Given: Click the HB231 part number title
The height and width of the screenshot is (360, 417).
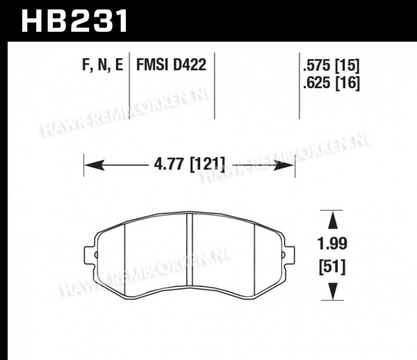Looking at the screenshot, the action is tap(74, 21).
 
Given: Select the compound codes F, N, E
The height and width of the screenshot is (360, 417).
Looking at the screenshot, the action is tap(102, 65).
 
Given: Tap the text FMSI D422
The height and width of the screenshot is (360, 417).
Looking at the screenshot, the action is tap(171, 65).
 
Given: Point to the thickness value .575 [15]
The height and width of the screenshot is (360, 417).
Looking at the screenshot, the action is tap(331, 65).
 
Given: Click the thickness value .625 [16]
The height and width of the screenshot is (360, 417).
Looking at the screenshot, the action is tap(331, 83).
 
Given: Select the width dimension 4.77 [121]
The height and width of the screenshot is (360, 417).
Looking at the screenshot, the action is tap(189, 163).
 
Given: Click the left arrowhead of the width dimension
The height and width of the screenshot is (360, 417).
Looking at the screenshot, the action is tap(94, 165).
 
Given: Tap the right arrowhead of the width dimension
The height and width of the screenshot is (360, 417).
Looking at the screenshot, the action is tap(284, 165).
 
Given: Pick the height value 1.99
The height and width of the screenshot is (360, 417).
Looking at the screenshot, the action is tap(332, 243).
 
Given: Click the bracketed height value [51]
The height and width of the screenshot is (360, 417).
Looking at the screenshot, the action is tap(332, 267).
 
